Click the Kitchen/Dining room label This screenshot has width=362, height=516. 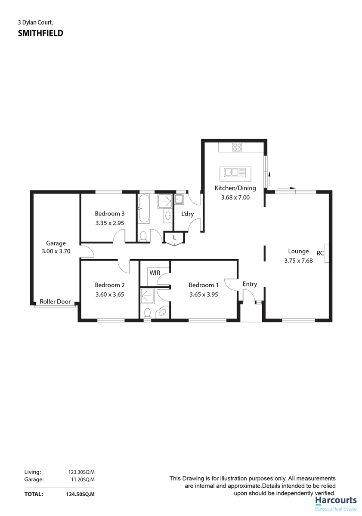coord(235,188)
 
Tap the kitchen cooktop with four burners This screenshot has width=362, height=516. coord(237,147)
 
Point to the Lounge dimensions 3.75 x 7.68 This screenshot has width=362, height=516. coord(298,261)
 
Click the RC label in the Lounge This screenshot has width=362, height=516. coord(320,253)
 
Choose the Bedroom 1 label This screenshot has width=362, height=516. coord(204,285)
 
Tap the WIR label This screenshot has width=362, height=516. coord(155,273)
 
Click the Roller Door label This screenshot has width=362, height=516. coord(55,301)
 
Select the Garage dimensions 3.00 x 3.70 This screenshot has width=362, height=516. coord(56,251)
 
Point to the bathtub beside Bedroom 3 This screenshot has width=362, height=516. coord(144,209)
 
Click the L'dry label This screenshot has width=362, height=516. coord(187,214)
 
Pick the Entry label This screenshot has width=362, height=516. coord(250,284)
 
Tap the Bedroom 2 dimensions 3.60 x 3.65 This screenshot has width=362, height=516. coord(110,295)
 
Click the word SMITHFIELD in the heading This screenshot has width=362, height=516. coord(40,33)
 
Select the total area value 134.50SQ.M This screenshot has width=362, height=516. coord(80,494)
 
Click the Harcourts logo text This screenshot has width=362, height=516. coord(336,500)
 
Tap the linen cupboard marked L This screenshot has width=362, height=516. coord(175,238)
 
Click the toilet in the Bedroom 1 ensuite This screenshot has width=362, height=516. coord(147,314)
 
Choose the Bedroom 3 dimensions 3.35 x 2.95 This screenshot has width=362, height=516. coord(110,223)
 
